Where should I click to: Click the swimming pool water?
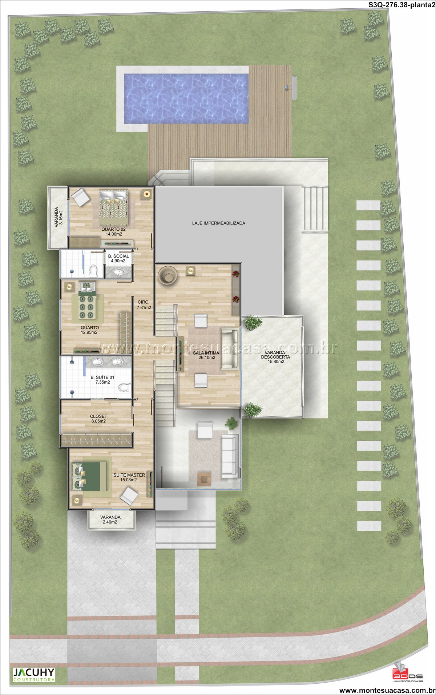pos(186,98)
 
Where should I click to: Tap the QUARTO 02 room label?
pos(114,232)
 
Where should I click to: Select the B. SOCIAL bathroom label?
pos(118,258)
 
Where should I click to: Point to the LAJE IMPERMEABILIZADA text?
pos(219,223)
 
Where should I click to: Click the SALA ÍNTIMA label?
pos(206,355)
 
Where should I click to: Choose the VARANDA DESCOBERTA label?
pos(276,357)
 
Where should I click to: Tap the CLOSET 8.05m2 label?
pos(98,419)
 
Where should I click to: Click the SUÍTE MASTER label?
pos(129,477)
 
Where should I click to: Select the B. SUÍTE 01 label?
pos(102,380)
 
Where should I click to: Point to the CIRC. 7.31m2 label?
pos(144,305)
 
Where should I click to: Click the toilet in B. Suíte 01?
pos(125,388)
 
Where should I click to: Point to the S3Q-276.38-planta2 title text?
pos(401,5)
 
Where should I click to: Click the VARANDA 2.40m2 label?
pos(110,520)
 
